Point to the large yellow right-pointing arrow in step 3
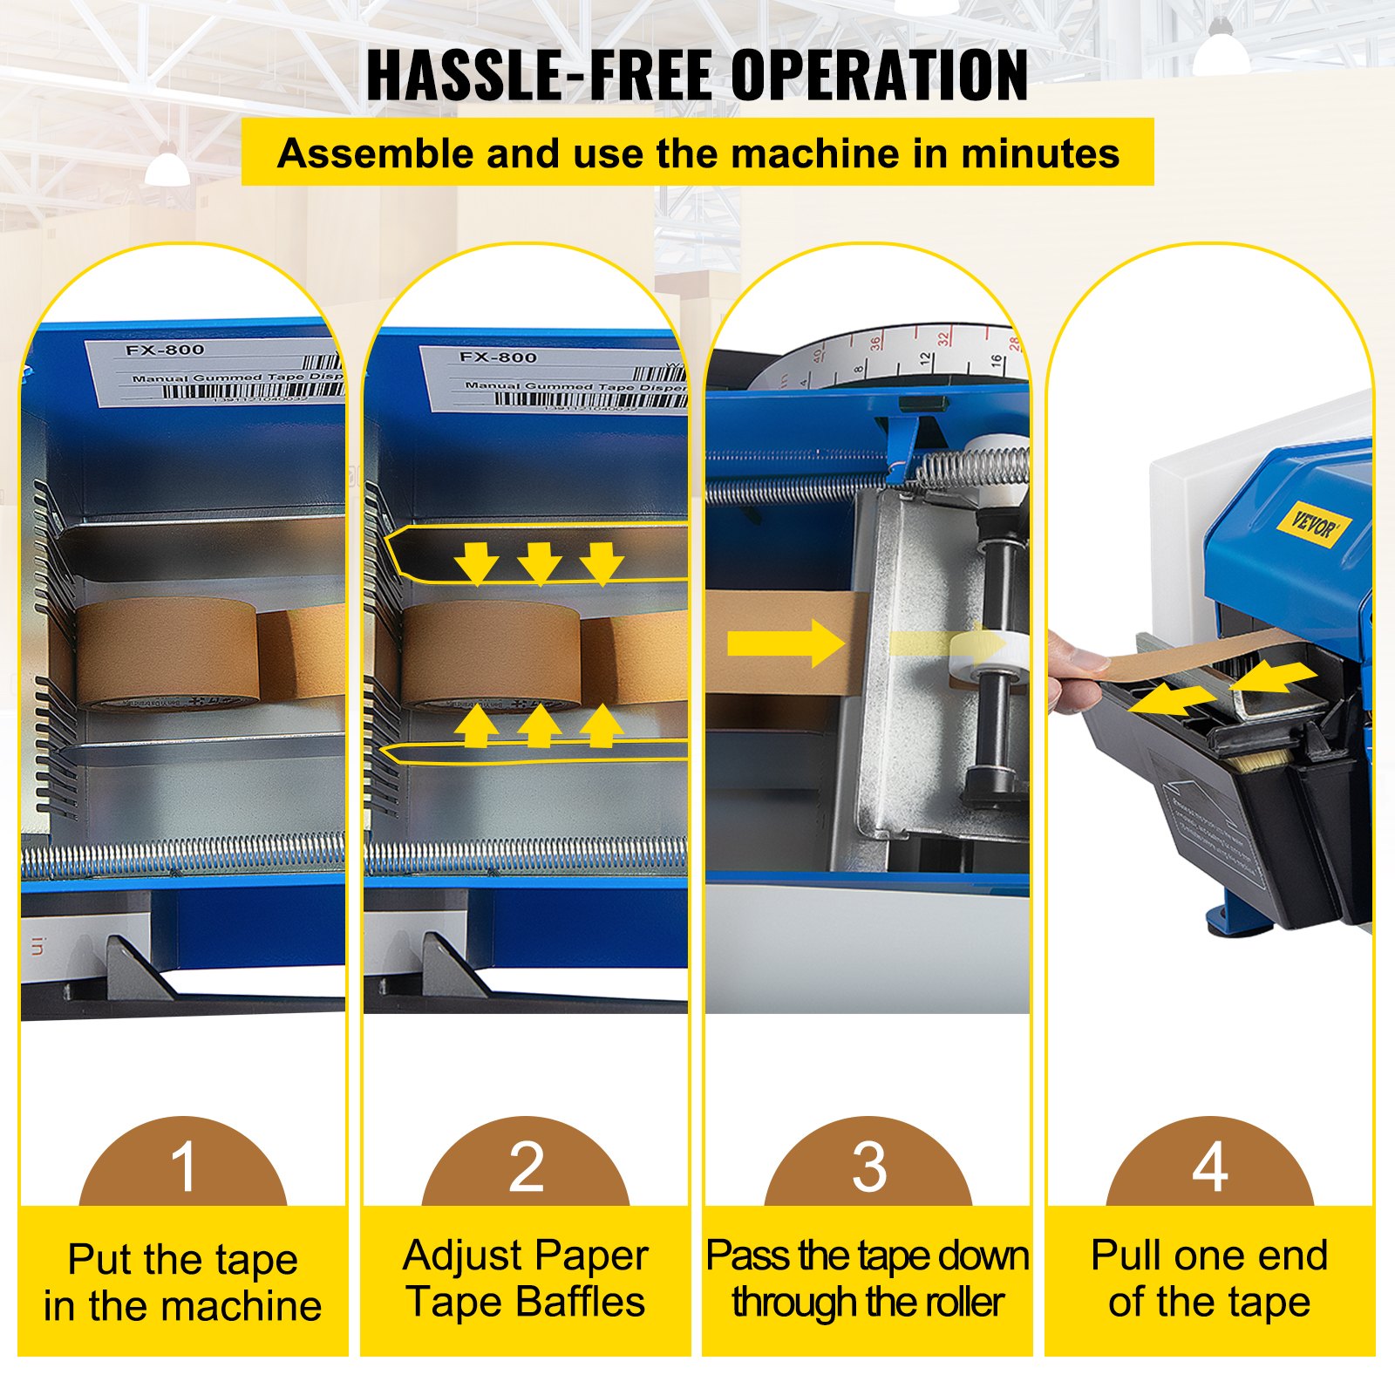[785, 644]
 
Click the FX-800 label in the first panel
[165, 350]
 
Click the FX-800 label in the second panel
[498, 357]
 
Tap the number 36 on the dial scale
[874, 342]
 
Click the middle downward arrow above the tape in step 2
[539, 562]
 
